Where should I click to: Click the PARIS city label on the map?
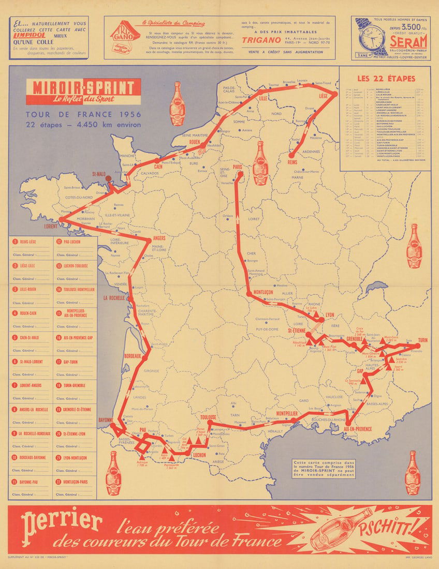coord(238,167)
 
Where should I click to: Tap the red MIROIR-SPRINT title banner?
coord(83,92)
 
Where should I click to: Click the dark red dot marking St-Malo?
coord(109,179)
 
